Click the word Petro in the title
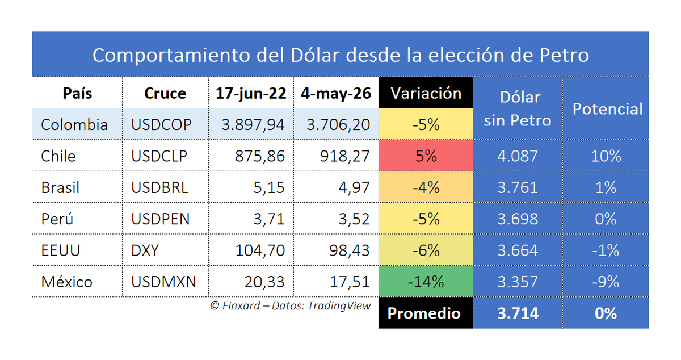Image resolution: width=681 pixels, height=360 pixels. point(564,55)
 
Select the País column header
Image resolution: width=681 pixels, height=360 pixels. point(77,93)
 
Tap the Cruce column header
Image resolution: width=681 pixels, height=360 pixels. point(165,93)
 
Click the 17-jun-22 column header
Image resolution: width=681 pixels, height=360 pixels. point(251,94)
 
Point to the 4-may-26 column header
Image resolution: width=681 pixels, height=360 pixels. point(336,94)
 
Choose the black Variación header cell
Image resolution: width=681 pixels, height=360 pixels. point(426,93)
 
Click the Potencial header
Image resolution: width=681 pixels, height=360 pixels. point(607,109)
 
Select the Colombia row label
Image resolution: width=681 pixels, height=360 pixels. point(74,125)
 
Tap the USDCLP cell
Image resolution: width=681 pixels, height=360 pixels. point(159,156)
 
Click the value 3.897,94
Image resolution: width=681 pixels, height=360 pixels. point(253,125)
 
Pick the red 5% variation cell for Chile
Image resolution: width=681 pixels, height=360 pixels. point(426,156)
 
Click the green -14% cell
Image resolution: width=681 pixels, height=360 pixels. point(426,281)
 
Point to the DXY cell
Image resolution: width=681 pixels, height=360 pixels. point(145,250)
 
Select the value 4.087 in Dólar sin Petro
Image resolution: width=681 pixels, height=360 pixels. point(518,156)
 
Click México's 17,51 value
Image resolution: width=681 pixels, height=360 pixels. point(350,282)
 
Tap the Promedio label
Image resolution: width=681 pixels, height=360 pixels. point(424,313)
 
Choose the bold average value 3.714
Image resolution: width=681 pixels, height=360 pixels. point(518,313)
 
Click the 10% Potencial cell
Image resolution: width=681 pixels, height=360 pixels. point(606,156)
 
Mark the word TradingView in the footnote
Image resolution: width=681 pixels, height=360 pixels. point(339,306)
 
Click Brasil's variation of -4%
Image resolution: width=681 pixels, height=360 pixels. point(426,187)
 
